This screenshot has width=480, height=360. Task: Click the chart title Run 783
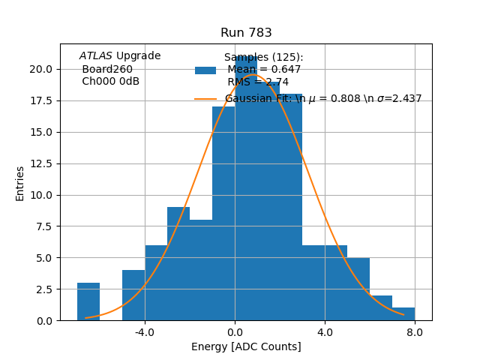(x=246, y=33)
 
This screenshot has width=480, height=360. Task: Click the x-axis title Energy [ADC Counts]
(x=246, y=346)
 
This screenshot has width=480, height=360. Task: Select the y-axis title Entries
(x=20, y=183)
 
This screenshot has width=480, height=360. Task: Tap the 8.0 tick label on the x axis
(x=415, y=332)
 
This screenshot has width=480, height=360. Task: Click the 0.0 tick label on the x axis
(x=235, y=332)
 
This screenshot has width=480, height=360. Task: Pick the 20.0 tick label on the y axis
(x=41, y=69)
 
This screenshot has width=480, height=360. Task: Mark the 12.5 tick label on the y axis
(x=41, y=163)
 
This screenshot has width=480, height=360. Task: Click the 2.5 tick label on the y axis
(x=43, y=289)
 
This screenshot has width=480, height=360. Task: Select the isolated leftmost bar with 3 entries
(x=88, y=301)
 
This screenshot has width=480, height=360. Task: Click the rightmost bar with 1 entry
(x=403, y=314)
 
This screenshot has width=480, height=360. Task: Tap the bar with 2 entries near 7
(x=381, y=308)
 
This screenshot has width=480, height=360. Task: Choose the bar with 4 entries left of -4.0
(x=133, y=295)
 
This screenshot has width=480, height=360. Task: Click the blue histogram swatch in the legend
(x=205, y=70)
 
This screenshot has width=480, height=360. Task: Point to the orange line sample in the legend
(x=205, y=99)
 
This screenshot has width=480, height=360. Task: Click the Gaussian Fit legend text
(x=322, y=99)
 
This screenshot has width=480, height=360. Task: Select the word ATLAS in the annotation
(x=96, y=56)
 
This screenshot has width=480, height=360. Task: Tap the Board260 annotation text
(x=107, y=69)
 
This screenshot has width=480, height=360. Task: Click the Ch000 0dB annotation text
(x=110, y=82)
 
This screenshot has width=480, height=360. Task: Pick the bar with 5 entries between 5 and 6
(x=358, y=289)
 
